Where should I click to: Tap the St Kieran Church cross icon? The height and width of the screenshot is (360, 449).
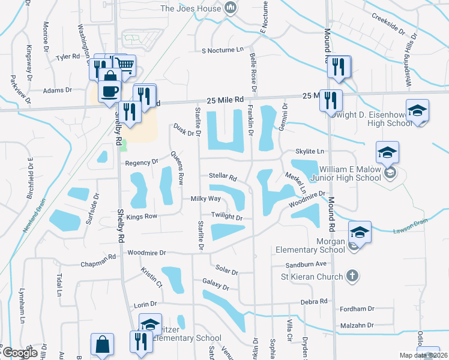tap(352, 277)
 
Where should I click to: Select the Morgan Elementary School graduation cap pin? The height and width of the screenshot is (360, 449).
tap(360, 232)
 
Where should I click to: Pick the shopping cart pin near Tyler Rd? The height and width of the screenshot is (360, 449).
tap(125, 65)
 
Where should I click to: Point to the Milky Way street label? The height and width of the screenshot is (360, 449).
tap(205, 199)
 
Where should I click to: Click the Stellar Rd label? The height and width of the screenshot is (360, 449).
tap(223, 178)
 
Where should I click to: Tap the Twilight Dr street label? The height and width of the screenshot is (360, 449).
tap(226, 217)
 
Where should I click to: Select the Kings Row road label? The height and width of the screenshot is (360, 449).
tap(142, 215)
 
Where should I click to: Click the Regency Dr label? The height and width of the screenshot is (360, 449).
tap(141, 162)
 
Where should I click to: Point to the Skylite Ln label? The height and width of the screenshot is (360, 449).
tap(309, 151)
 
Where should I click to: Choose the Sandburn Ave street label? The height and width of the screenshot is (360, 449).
tap(306, 264)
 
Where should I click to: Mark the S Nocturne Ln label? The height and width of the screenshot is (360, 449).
tap(223, 50)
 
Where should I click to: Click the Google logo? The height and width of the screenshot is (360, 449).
tap(19, 353)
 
